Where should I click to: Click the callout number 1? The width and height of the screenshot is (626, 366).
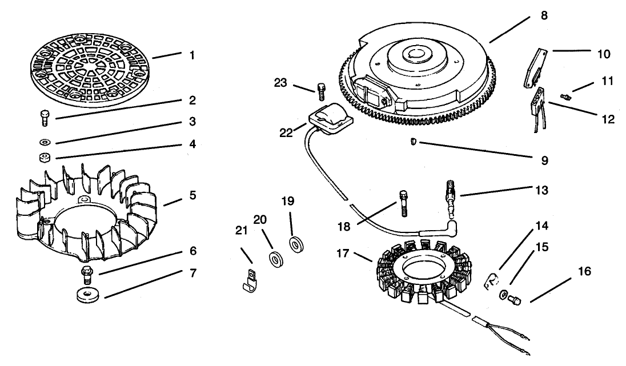[x=192, y=55]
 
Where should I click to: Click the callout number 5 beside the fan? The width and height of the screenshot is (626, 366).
[x=192, y=196]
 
